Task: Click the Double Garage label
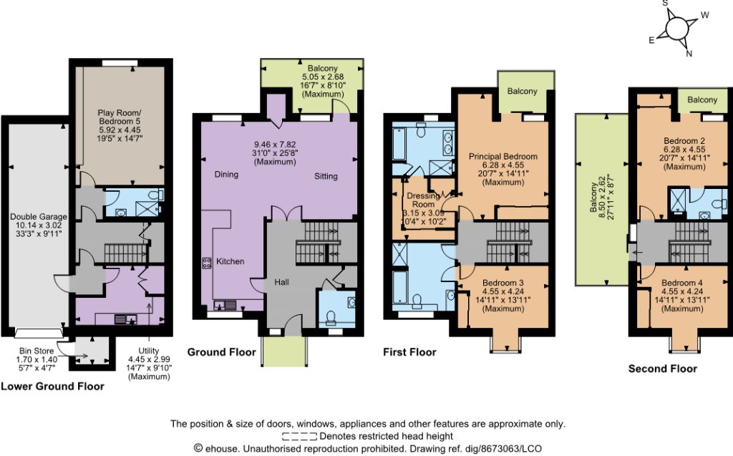(39, 216)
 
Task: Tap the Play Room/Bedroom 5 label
(120, 117)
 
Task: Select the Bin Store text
(37, 351)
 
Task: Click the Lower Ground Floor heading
(52, 387)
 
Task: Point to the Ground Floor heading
(222, 352)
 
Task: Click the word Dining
(226, 175)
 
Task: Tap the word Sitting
(326, 176)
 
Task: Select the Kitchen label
(230, 261)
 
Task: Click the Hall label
(281, 282)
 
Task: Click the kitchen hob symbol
(206, 263)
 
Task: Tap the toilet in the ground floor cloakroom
(331, 318)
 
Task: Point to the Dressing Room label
(424, 200)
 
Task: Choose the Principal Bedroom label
(503, 157)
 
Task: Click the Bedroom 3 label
(503, 283)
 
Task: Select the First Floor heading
(409, 352)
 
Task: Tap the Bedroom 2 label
(684, 141)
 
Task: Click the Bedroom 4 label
(682, 283)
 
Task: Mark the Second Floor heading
(662, 369)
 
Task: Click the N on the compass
(689, 53)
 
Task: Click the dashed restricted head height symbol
(299, 437)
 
